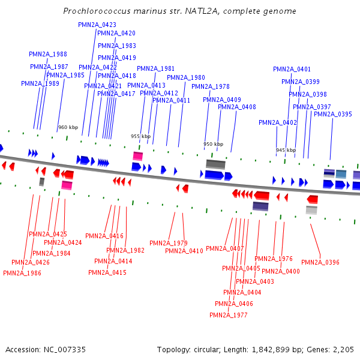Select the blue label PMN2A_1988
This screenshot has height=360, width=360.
click(48, 54)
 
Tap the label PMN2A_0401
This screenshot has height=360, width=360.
click(292, 69)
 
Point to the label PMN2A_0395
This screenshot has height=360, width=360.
click(333, 114)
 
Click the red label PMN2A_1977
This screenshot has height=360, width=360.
click(229, 315)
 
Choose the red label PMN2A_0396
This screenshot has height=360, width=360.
click(320, 262)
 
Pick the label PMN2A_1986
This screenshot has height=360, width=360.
click(22, 273)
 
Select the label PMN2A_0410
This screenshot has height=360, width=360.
click(184, 251)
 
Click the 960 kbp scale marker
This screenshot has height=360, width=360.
click(68, 127)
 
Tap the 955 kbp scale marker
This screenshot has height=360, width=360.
click(141, 136)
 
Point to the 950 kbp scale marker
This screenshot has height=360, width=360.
click(213, 144)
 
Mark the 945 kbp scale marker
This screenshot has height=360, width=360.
click(286, 150)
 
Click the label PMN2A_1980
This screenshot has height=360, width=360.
click(186, 77)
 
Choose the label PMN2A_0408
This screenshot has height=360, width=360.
click(237, 107)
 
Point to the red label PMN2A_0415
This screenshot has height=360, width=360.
click(107, 272)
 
